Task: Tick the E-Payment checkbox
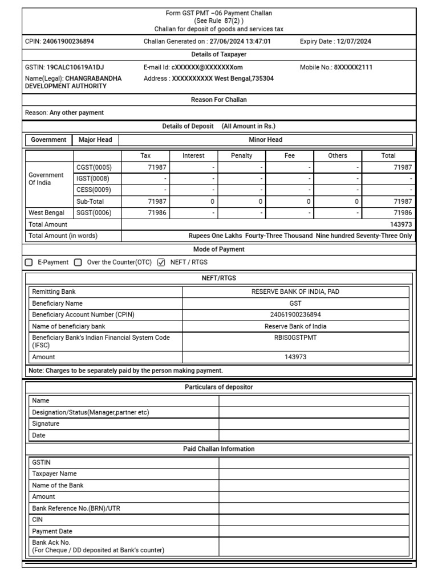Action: click(29, 262)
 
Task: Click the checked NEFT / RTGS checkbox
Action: click(161, 262)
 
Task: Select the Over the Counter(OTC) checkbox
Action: click(78, 262)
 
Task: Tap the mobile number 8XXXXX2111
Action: click(353, 67)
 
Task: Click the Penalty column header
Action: click(241, 155)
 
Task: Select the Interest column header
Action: click(193, 155)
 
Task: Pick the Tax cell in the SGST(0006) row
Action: click(146, 213)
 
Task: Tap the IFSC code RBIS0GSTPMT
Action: click(295, 336)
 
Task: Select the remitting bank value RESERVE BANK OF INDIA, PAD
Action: click(295, 291)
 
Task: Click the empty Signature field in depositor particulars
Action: click(314, 424)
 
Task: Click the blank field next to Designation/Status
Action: click(314, 412)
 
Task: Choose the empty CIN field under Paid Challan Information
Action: click(314, 519)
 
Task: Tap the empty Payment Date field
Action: click(314, 531)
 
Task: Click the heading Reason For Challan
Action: click(218, 100)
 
